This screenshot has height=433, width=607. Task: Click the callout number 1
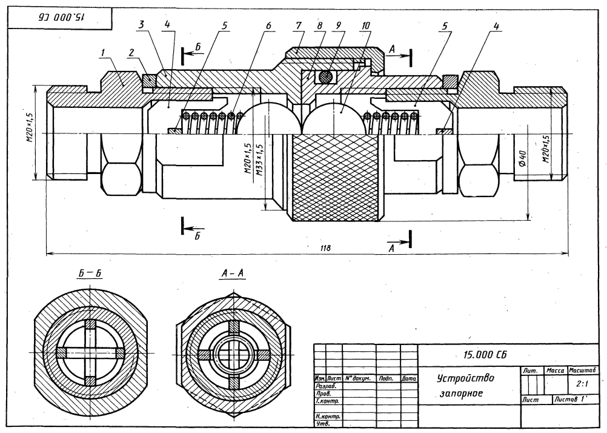tap(103, 52)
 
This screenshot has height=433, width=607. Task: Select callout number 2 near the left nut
tap(131, 52)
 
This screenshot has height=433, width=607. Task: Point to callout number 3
tap(142, 25)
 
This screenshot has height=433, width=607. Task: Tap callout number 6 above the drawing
tap(268, 25)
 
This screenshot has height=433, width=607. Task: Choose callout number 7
tap(298, 25)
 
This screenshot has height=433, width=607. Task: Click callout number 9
tap(339, 25)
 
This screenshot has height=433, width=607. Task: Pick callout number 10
tap(365, 25)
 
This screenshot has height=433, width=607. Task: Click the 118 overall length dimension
tap(326, 247)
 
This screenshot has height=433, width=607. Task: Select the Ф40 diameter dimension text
tap(522, 158)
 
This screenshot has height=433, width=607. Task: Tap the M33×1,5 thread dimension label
tap(260, 159)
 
